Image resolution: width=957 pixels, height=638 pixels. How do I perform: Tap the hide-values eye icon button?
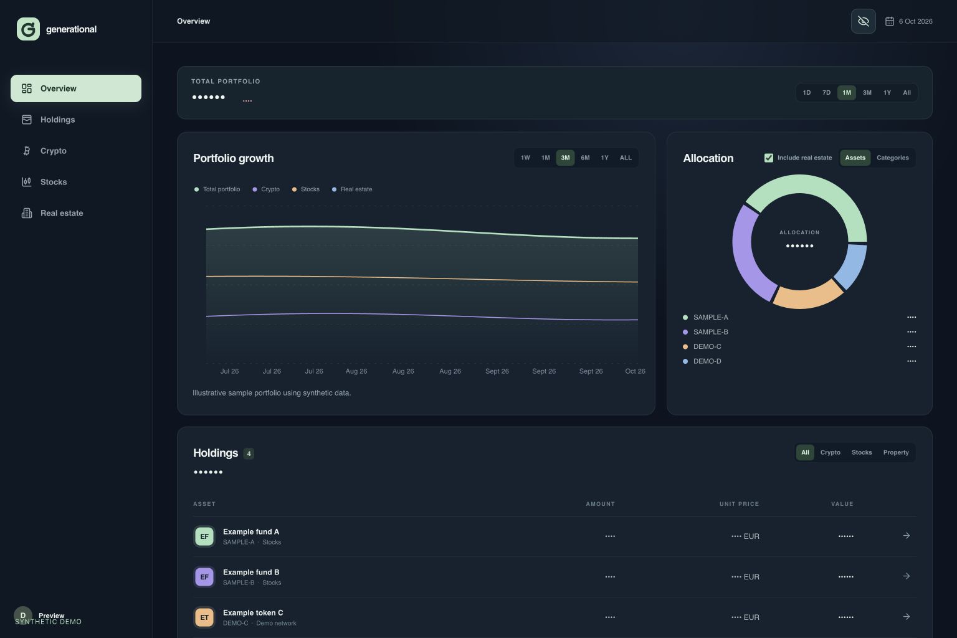863,21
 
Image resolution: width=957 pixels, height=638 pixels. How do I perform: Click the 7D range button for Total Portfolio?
826,93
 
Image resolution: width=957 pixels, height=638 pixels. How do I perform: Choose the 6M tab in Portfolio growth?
585,158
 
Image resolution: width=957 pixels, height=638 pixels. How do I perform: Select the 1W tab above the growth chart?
525,158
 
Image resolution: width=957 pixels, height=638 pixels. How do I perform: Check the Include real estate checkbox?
769,158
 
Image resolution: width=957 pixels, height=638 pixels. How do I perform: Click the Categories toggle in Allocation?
892,158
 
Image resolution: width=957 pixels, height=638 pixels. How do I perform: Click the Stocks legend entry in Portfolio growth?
306,189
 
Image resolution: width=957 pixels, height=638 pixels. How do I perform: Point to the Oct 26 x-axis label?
635,371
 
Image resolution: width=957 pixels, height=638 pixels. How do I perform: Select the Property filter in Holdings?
896,452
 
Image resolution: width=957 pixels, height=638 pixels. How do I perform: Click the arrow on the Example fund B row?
906,576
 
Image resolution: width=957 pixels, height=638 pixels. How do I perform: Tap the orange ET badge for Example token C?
204,617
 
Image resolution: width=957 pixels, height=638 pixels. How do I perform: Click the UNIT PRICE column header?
739,504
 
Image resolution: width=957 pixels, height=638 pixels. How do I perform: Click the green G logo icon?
28,29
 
